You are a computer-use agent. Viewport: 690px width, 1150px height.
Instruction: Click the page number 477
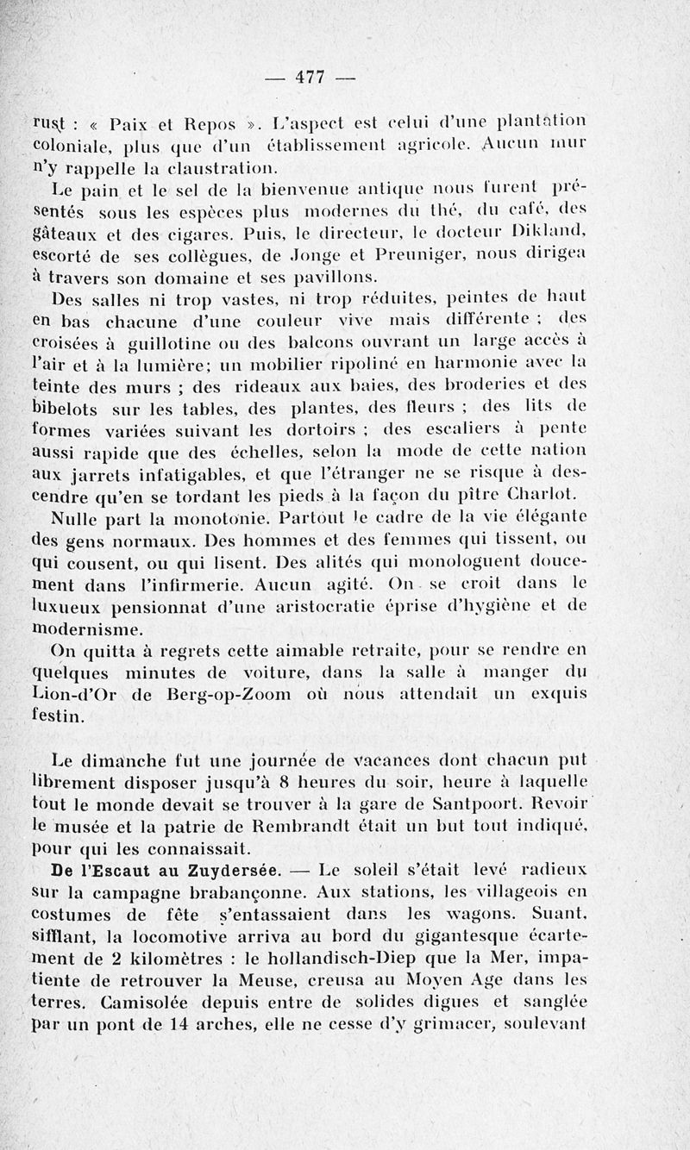308,77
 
